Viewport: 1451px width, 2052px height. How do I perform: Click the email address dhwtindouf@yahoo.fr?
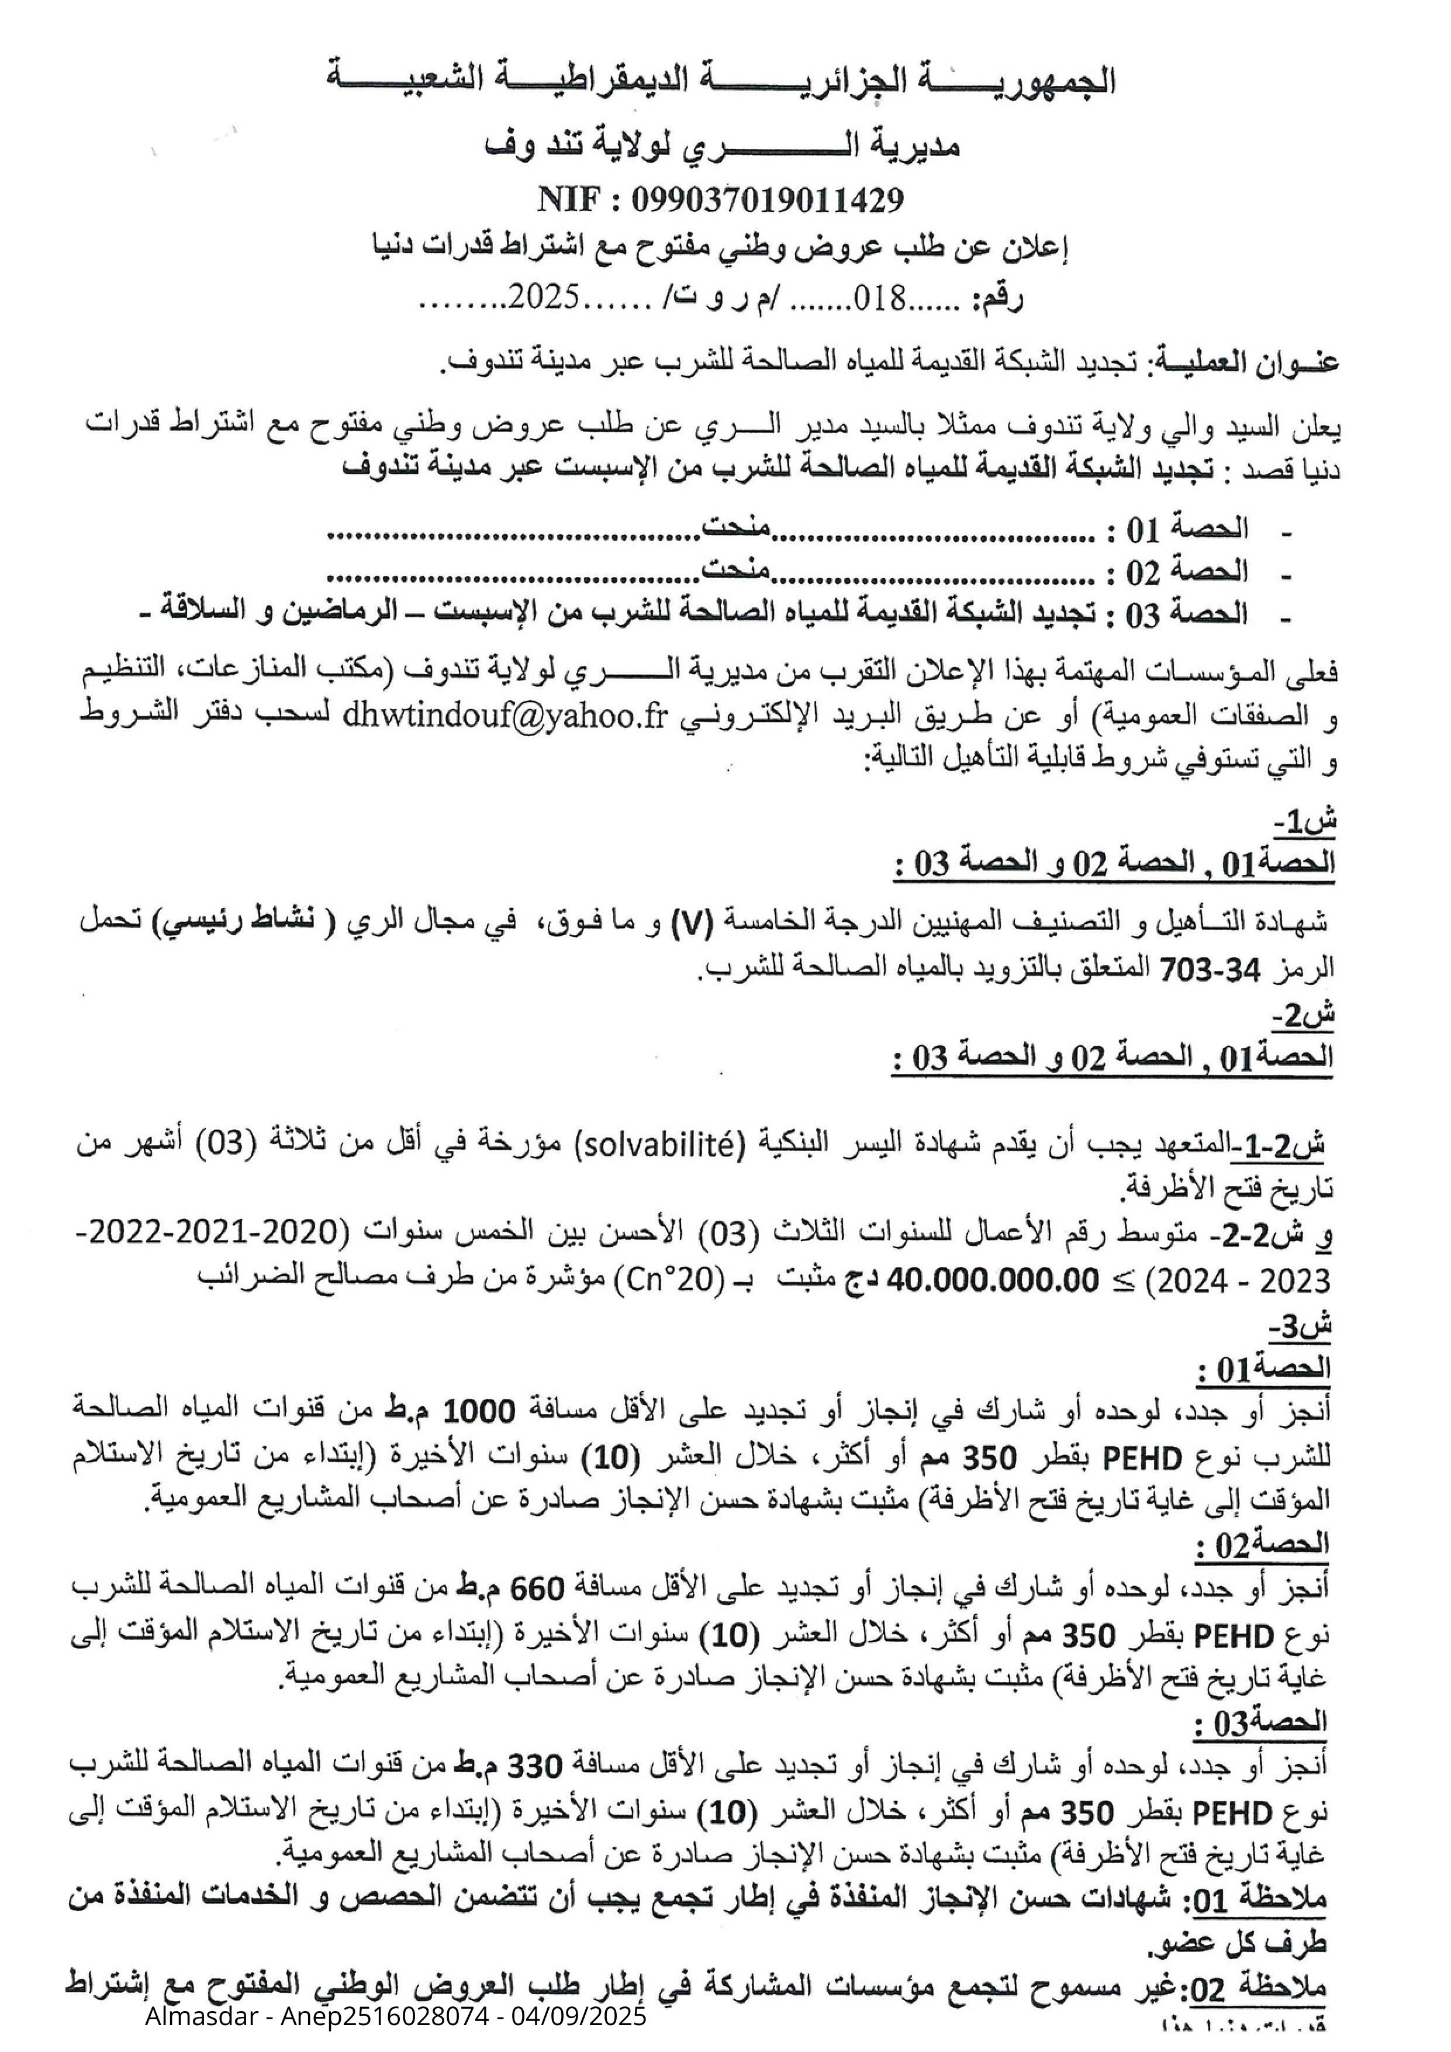(x=506, y=718)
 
